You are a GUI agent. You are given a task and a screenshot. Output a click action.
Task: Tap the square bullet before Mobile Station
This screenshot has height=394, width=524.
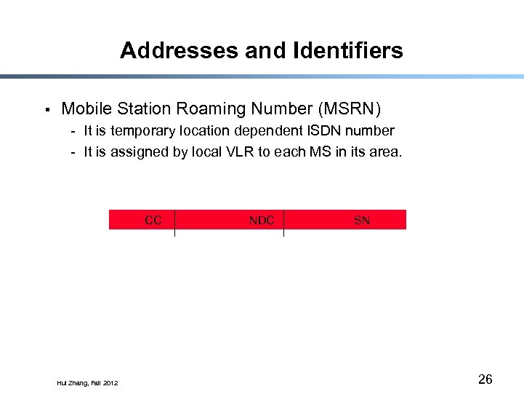tap(47, 110)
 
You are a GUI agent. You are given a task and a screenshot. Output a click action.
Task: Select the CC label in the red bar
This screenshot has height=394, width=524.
tap(153, 220)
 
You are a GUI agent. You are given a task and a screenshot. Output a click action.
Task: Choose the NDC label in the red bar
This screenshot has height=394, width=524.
tap(262, 220)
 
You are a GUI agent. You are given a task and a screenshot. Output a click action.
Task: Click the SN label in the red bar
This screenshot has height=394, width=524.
tap(361, 220)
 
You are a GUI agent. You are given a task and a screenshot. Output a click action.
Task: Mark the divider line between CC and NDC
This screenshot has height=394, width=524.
tap(175, 222)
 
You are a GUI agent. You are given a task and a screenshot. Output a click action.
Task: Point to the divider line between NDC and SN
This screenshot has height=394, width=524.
tap(283, 222)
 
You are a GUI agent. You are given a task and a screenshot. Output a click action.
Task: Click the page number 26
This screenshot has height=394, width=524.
tap(485, 379)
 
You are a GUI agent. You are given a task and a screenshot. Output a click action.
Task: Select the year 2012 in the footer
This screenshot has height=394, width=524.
tap(110, 383)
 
